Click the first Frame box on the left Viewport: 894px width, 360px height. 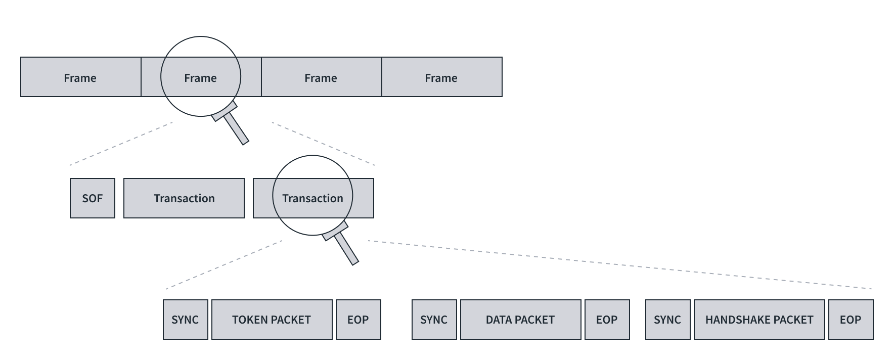pos(80,77)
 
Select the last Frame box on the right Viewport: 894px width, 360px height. pos(441,77)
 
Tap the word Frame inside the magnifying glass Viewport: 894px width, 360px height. pos(200,78)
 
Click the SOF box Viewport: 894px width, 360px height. pos(93,198)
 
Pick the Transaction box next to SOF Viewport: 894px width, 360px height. pos(184,198)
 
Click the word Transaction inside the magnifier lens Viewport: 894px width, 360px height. pos(312,198)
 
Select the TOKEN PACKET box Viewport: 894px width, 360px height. pos(272,320)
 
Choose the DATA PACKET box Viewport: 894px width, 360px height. pos(520,320)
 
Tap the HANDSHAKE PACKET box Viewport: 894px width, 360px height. pos(759,320)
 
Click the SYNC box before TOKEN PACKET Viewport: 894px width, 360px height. pos(185,320)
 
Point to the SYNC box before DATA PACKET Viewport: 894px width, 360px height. pos(434,320)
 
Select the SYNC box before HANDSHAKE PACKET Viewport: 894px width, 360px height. pos(667,320)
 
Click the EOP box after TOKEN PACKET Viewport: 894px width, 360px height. pos(358,320)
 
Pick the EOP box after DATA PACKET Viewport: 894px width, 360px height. pos(607,320)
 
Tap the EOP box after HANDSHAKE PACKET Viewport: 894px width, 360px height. pos(851,320)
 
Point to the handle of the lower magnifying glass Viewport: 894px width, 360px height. pos(346,248)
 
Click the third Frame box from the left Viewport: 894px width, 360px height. pos(321,77)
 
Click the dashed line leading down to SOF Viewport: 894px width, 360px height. pos(121,143)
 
